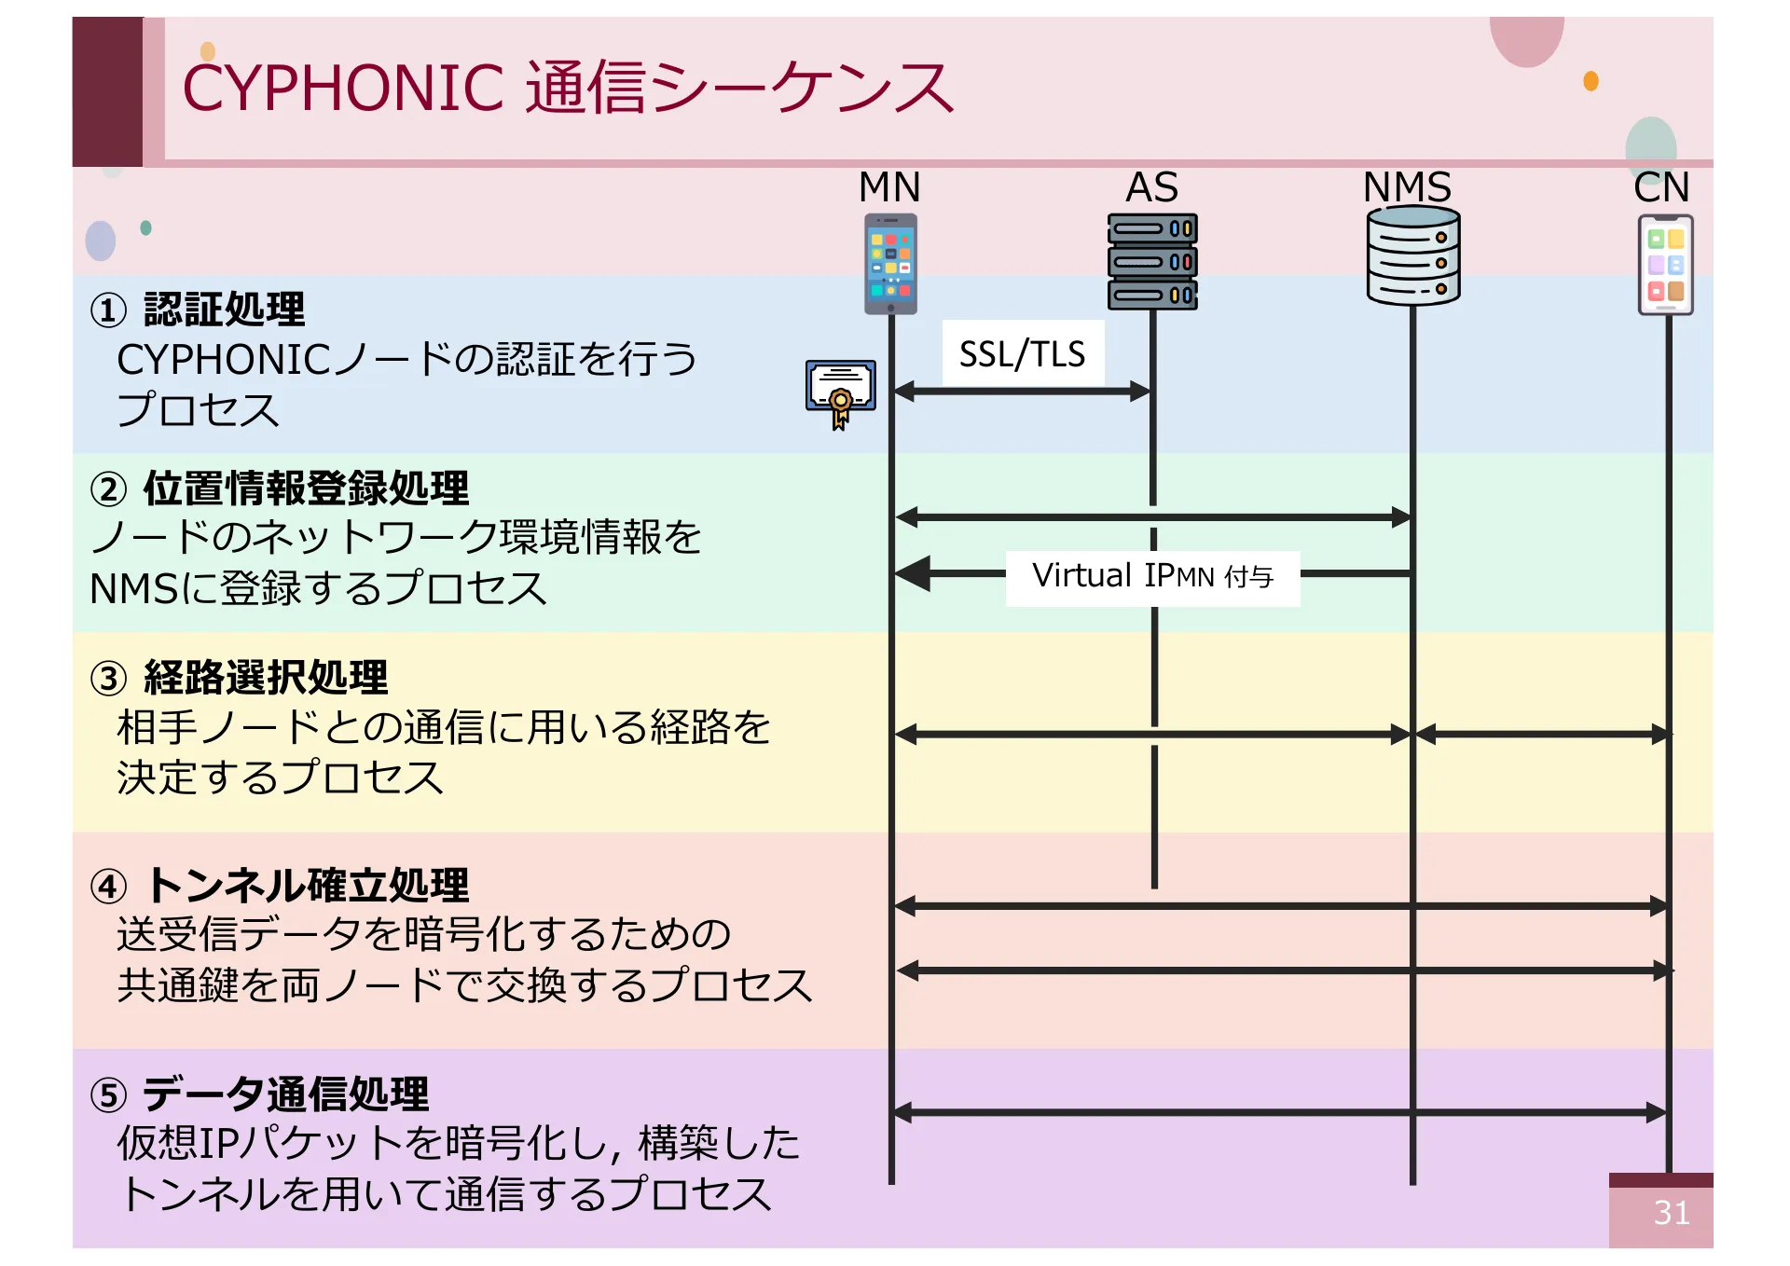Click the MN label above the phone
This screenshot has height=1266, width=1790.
point(889,187)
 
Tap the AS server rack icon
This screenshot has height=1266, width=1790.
point(1152,262)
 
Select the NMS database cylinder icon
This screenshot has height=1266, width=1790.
point(1412,255)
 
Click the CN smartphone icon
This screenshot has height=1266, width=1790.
point(1665,265)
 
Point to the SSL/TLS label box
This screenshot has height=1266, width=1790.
point(1023,353)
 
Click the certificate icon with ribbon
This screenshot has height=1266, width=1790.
point(840,392)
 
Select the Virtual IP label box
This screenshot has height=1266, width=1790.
point(1152,577)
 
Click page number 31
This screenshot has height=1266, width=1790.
point(1671,1212)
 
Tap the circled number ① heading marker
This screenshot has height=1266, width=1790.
point(108,310)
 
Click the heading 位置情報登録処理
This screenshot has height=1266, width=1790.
point(306,489)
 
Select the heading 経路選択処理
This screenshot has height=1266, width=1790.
point(266,678)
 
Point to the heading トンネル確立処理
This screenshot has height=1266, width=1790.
point(308,886)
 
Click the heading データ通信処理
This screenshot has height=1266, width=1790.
point(285,1094)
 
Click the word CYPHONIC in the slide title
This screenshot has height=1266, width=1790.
point(343,89)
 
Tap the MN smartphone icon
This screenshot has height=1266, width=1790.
point(890,264)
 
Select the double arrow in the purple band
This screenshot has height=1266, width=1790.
point(1279,1111)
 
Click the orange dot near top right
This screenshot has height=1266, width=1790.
point(1591,81)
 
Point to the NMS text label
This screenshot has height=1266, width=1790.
point(1407,187)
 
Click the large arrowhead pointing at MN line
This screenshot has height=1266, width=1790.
point(914,573)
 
